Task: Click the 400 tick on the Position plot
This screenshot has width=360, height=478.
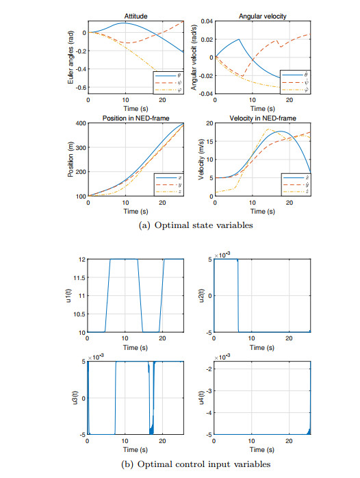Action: (x=80, y=123)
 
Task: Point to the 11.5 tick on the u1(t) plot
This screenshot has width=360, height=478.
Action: (x=79, y=278)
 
